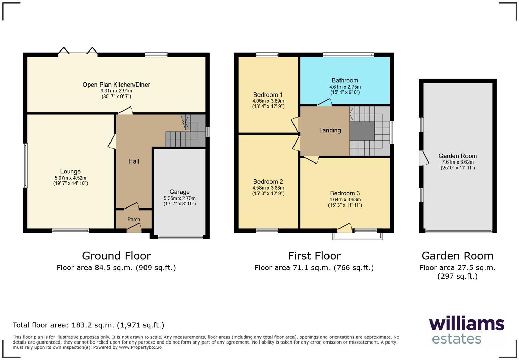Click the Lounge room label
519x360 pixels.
[x=70, y=171]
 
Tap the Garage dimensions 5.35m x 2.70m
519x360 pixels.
[x=180, y=198]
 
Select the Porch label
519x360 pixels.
[x=134, y=220]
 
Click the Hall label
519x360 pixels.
[x=134, y=161]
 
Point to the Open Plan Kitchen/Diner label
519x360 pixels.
[x=116, y=85]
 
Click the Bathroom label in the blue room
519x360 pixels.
[x=345, y=80]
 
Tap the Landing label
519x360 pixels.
[x=330, y=130]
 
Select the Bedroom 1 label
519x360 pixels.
[x=268, y=95]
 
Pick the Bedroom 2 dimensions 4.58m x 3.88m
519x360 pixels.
[x=268, y=188]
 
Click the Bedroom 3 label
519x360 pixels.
[x=345, y=193]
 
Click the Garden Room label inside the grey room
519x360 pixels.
[x=458, y=156]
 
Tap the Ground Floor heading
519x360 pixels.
[x=116, y=256]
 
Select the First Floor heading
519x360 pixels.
[x=314, y=256]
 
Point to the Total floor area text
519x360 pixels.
[x=89, y=325]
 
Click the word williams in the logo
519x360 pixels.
[x=466, y=324]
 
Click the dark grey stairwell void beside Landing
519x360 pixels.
[x=362, y=131]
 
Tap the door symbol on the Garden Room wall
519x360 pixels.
[x=424, y=158]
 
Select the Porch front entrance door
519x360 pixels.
[x=134, y=228]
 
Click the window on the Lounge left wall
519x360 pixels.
[x=25, y=166]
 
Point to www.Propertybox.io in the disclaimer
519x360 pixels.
[x=140, y=347]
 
